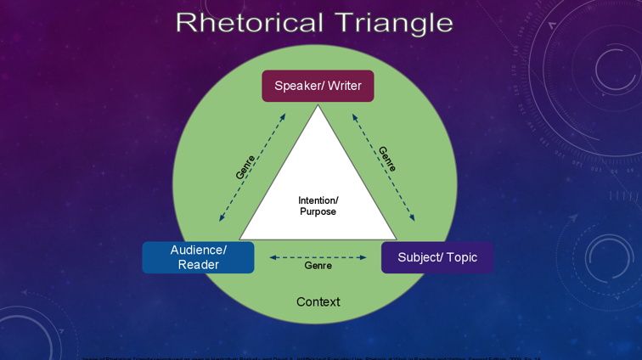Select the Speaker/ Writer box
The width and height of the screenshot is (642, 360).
(318, 86)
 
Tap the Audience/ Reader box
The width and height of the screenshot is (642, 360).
(198, 257)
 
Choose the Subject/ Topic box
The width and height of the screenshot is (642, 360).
(436, 257)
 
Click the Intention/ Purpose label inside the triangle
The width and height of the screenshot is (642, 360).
(318, 205)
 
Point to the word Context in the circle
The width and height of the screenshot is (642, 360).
(318, 301)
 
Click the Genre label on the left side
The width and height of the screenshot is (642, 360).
(245, 166)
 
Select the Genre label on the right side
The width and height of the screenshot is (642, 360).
(387, 159)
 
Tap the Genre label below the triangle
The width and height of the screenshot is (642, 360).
(318, 266)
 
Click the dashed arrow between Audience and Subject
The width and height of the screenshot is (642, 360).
(318, 256)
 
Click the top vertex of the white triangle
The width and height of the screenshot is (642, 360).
(318, 106)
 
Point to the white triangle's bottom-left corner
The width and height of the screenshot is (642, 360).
(241, 239)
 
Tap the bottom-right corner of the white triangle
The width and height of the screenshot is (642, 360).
(395, 239)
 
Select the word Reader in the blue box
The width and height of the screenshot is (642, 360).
(198, 265)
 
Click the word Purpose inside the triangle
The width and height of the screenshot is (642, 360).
(318, 211)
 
